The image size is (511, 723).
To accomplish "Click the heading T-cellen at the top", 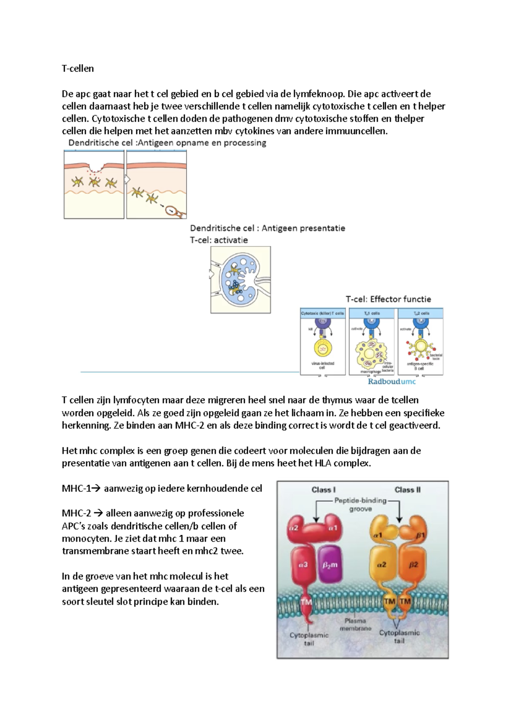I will pos(78,69).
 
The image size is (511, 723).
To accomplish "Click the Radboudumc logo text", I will pos(391,382).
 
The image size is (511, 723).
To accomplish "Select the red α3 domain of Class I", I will pos(303,565).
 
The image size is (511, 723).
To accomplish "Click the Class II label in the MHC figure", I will pos(407,490).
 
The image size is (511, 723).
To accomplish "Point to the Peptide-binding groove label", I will pos(360,505).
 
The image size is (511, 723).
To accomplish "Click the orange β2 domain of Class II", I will pos(413,565).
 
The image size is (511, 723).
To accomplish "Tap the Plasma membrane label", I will pos(355,625).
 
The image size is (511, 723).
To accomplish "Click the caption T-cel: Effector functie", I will pos(388,299).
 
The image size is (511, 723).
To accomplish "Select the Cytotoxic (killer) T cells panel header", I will pos(322,313).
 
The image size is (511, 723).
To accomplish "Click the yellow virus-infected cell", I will pos(322,348).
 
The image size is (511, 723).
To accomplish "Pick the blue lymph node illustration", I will pos(240,280).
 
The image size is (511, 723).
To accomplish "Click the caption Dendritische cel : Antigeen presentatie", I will pos(267,228).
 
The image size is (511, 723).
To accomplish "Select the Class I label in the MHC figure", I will pos(324,490).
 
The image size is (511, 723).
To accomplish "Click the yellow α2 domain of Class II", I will pos(382,565).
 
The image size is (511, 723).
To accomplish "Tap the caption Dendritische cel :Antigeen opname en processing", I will pos(167,143).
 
